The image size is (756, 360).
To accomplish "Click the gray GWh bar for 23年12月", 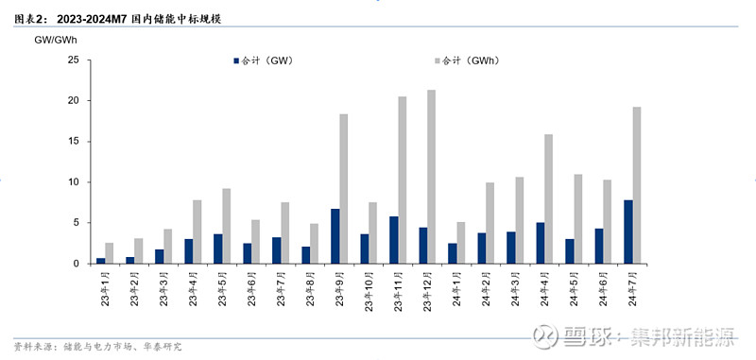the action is click(x=432, y=177).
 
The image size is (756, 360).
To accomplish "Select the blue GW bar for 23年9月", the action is click(x=335, y=236).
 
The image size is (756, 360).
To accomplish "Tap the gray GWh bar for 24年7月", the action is click(x=636, y=185).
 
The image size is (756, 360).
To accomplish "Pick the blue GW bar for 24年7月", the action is click(x=627, y=231).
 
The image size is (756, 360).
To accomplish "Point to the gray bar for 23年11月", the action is click(x=403, y=180).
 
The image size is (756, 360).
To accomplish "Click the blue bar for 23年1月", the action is click(x=101, y=261).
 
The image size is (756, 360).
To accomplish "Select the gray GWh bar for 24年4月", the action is click(x=549, y=199).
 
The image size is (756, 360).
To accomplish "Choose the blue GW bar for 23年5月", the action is click(x=218, y=249).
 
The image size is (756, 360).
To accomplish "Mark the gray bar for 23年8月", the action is click(x=315, y=244).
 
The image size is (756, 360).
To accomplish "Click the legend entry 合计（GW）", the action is click(x=263, y=60).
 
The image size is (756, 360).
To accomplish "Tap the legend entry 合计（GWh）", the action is click(x=467, y=60).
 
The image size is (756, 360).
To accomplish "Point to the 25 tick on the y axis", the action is click(x=74, y=60).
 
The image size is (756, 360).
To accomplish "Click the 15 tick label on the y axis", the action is click(x=74, y=142).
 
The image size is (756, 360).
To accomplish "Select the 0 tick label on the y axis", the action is click(x=77, y=264).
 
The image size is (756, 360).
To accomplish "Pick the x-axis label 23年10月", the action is click(x=369, y=291).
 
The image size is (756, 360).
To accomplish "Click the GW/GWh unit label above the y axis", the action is click(x=56, y=41).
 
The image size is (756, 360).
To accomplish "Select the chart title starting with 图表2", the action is click(x=117, y=19).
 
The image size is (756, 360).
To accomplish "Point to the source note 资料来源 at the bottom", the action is click(x=98, y=347).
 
